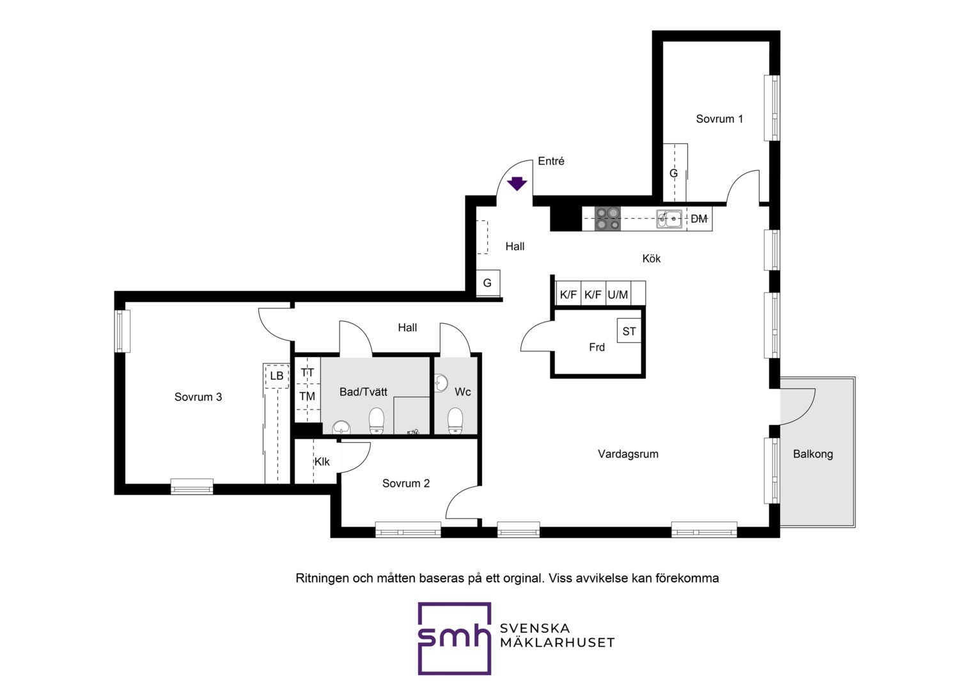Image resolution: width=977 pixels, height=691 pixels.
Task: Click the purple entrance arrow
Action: click(517, 184)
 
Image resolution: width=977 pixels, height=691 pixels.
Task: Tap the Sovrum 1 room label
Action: click(719, 119)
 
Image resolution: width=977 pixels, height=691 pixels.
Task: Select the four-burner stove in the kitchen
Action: click(607, 218)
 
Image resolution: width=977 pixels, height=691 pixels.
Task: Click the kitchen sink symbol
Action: click(669, 219)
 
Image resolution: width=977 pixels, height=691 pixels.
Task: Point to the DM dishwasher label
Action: click(699, 219)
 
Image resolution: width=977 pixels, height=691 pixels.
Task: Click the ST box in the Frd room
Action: click(629, 331)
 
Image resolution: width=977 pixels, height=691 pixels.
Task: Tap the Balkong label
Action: click(813, 454)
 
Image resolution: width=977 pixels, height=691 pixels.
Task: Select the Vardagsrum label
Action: click(628, 454)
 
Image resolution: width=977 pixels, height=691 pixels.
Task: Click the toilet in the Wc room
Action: click(455, 421)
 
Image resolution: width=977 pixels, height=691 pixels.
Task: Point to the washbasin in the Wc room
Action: click(441, 383)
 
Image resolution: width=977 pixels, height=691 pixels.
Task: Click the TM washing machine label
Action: click(307, 396)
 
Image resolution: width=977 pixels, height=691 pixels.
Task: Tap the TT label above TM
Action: click(307, 373)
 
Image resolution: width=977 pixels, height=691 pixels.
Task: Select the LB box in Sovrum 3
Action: click(276, 376)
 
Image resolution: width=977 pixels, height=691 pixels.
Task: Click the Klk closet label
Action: click(322, 462)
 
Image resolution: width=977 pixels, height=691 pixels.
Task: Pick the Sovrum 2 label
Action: click(405, 483)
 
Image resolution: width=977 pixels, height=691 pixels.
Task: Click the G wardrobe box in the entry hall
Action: click(488, 283)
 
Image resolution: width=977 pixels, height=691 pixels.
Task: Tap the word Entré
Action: click(551, 161)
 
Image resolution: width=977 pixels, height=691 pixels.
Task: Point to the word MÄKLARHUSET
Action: click(558, 643)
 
